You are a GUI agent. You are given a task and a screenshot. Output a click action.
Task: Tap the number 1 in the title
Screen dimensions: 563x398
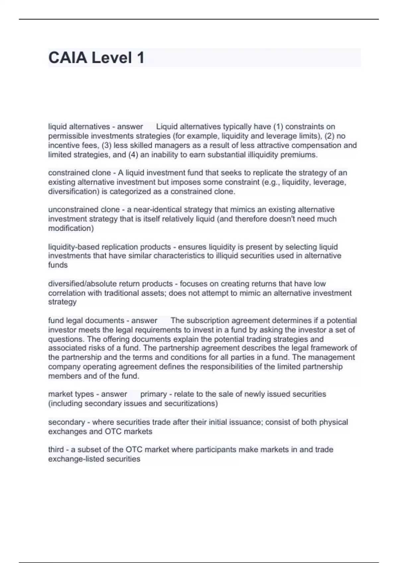(x=140, y=58)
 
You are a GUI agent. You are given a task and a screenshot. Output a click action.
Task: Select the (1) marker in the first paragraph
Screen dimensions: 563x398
(x=278, y=127)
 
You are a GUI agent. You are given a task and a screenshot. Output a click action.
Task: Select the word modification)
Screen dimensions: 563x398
(x=71, y=228)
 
